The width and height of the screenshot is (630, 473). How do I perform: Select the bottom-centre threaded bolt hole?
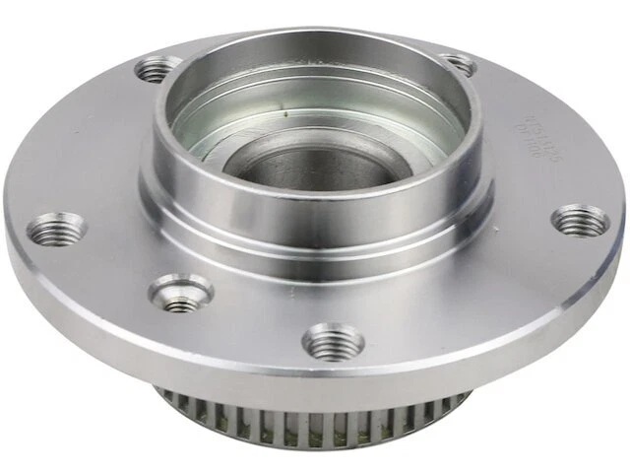point(334,342)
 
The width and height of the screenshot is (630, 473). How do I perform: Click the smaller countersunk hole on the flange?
point(180,292)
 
